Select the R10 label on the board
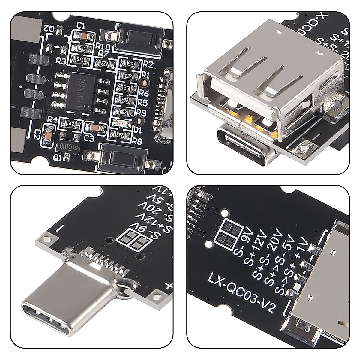(x=104, y=46)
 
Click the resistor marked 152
(x=130, y=64)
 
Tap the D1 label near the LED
(x=138, y=130)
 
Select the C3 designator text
(x=89, y=139)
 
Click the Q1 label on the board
(x=57, y=157)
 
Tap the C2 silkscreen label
(x=37, y=135)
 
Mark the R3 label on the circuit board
(x=61, y=62)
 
